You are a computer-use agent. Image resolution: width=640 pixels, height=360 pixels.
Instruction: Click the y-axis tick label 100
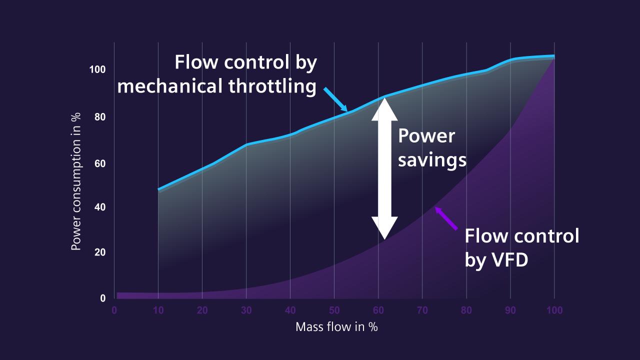pyautogui.click(x=97, y=69)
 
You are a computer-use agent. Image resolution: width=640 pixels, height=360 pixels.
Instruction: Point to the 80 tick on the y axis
pyautogui.click(x=100, y=117)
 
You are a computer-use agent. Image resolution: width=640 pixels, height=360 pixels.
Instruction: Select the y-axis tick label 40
pyautogui.click(x=100, y=207)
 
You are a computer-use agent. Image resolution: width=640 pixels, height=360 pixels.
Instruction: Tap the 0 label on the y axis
pyautogui.click(x=103, y=298)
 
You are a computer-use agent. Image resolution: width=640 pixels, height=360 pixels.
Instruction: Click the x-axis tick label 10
pyautogui.click(x=158, y=310)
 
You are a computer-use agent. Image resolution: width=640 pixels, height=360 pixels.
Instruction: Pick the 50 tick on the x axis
pyautogui.click(x=334, y=310)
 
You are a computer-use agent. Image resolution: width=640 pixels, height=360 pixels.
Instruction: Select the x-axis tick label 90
pyautogui.click(x=510, y=310)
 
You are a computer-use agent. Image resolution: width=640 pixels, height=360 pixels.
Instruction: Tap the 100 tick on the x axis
pyautogui.click(x=554, y=310)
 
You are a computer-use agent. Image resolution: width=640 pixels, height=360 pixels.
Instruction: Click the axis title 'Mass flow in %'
pyautogui.click(x=336, y=327)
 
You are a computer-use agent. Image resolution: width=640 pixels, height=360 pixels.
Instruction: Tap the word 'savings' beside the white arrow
pyautogui.click(x=432, y=160)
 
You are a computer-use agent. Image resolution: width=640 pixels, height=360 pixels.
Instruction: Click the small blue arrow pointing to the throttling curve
pyautogui.click(x=335, y=99)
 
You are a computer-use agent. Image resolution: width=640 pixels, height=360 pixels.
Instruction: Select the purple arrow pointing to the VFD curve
pyautogui.click(x=446, y=218)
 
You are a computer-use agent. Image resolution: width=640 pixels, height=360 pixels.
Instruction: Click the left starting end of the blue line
pyautogui.click(x=159, y=189)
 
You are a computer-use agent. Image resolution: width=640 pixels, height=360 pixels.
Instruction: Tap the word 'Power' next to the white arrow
pyautogui.click(x=426, y=136)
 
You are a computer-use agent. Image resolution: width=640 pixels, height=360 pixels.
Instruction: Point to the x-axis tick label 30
pyautogui.click(x=246, y=310)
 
